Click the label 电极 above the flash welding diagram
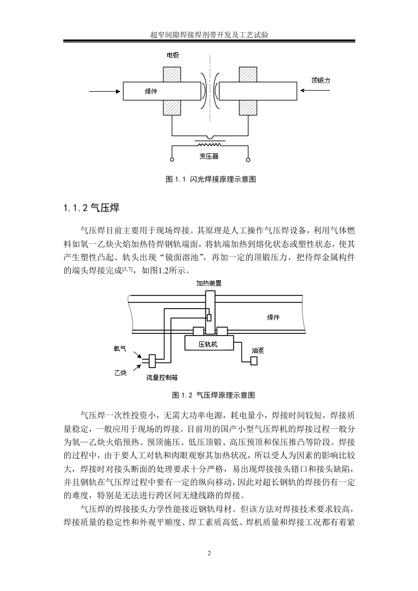coord(173,55)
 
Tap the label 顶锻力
coord(320,80)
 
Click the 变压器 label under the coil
coord(209,156)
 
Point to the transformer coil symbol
coord(209,144)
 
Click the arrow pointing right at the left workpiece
coord(104,91)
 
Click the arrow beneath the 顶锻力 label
coord(315,91)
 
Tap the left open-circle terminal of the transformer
coord(172,160)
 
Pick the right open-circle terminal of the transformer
coord(248,160)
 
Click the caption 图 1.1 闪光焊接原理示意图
coord(211,180)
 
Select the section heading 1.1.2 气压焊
coord(91,208)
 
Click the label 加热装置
coord(209,283)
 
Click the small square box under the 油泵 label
coord(254,360)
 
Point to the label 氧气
coord(120,349)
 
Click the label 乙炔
coord(120,373)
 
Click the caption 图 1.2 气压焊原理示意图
coord(213,395)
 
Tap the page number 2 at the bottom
coord(209,553)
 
